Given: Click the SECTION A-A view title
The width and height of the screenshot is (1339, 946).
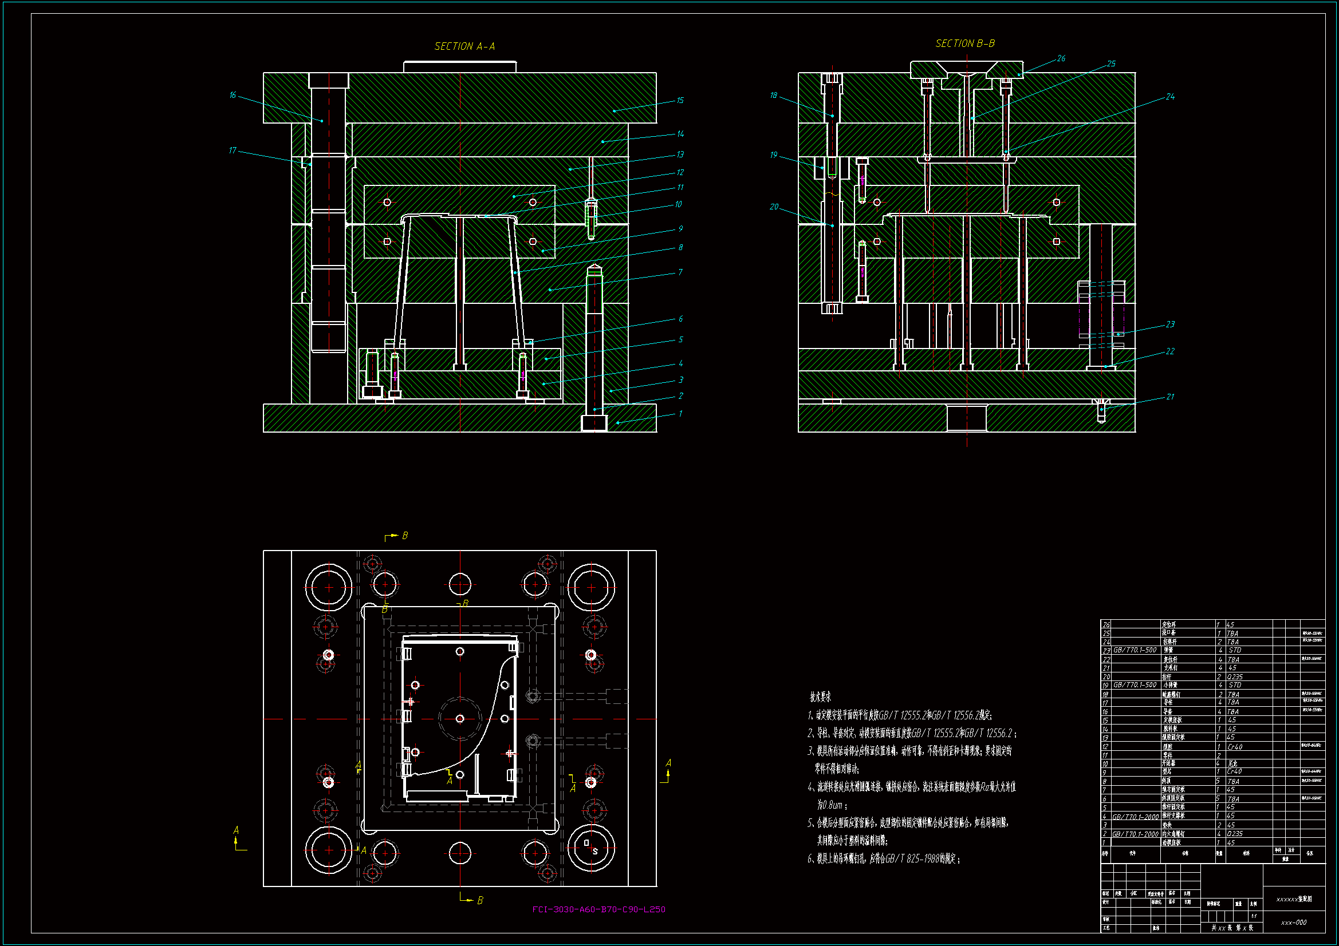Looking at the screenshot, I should (464, 46).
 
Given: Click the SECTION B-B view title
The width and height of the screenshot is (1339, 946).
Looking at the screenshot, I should (965, 43).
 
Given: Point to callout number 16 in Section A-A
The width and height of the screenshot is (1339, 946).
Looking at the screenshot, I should (233, 95).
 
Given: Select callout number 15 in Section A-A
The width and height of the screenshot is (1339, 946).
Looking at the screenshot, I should (680, 100).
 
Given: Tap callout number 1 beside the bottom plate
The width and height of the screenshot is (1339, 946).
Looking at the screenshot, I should (680, 414).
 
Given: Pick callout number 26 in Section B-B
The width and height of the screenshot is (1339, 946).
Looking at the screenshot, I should (1061, 58).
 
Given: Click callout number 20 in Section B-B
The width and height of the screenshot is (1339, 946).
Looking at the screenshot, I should (774, 207).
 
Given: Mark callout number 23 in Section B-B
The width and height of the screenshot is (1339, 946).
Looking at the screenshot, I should (1170, 324).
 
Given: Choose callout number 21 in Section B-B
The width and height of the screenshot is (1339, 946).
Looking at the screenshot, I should (1170, 397).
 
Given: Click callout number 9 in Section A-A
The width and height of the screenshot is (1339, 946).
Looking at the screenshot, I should (680, 228).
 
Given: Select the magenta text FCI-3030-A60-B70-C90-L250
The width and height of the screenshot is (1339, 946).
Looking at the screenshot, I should (598, 909).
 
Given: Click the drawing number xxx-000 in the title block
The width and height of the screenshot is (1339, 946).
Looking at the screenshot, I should (1294, 923).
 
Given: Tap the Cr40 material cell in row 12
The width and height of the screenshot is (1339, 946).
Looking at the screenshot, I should (1235, 747).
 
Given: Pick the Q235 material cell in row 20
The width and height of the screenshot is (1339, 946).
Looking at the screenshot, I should (1235, 676).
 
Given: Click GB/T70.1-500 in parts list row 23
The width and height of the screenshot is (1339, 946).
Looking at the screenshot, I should (1135, 650).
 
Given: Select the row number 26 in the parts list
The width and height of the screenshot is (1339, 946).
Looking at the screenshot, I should (1106, 624).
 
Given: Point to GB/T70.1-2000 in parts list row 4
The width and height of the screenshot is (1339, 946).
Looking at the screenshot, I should (1135, 817).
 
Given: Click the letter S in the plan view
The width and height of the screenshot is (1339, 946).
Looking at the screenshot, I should (595, 852).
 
